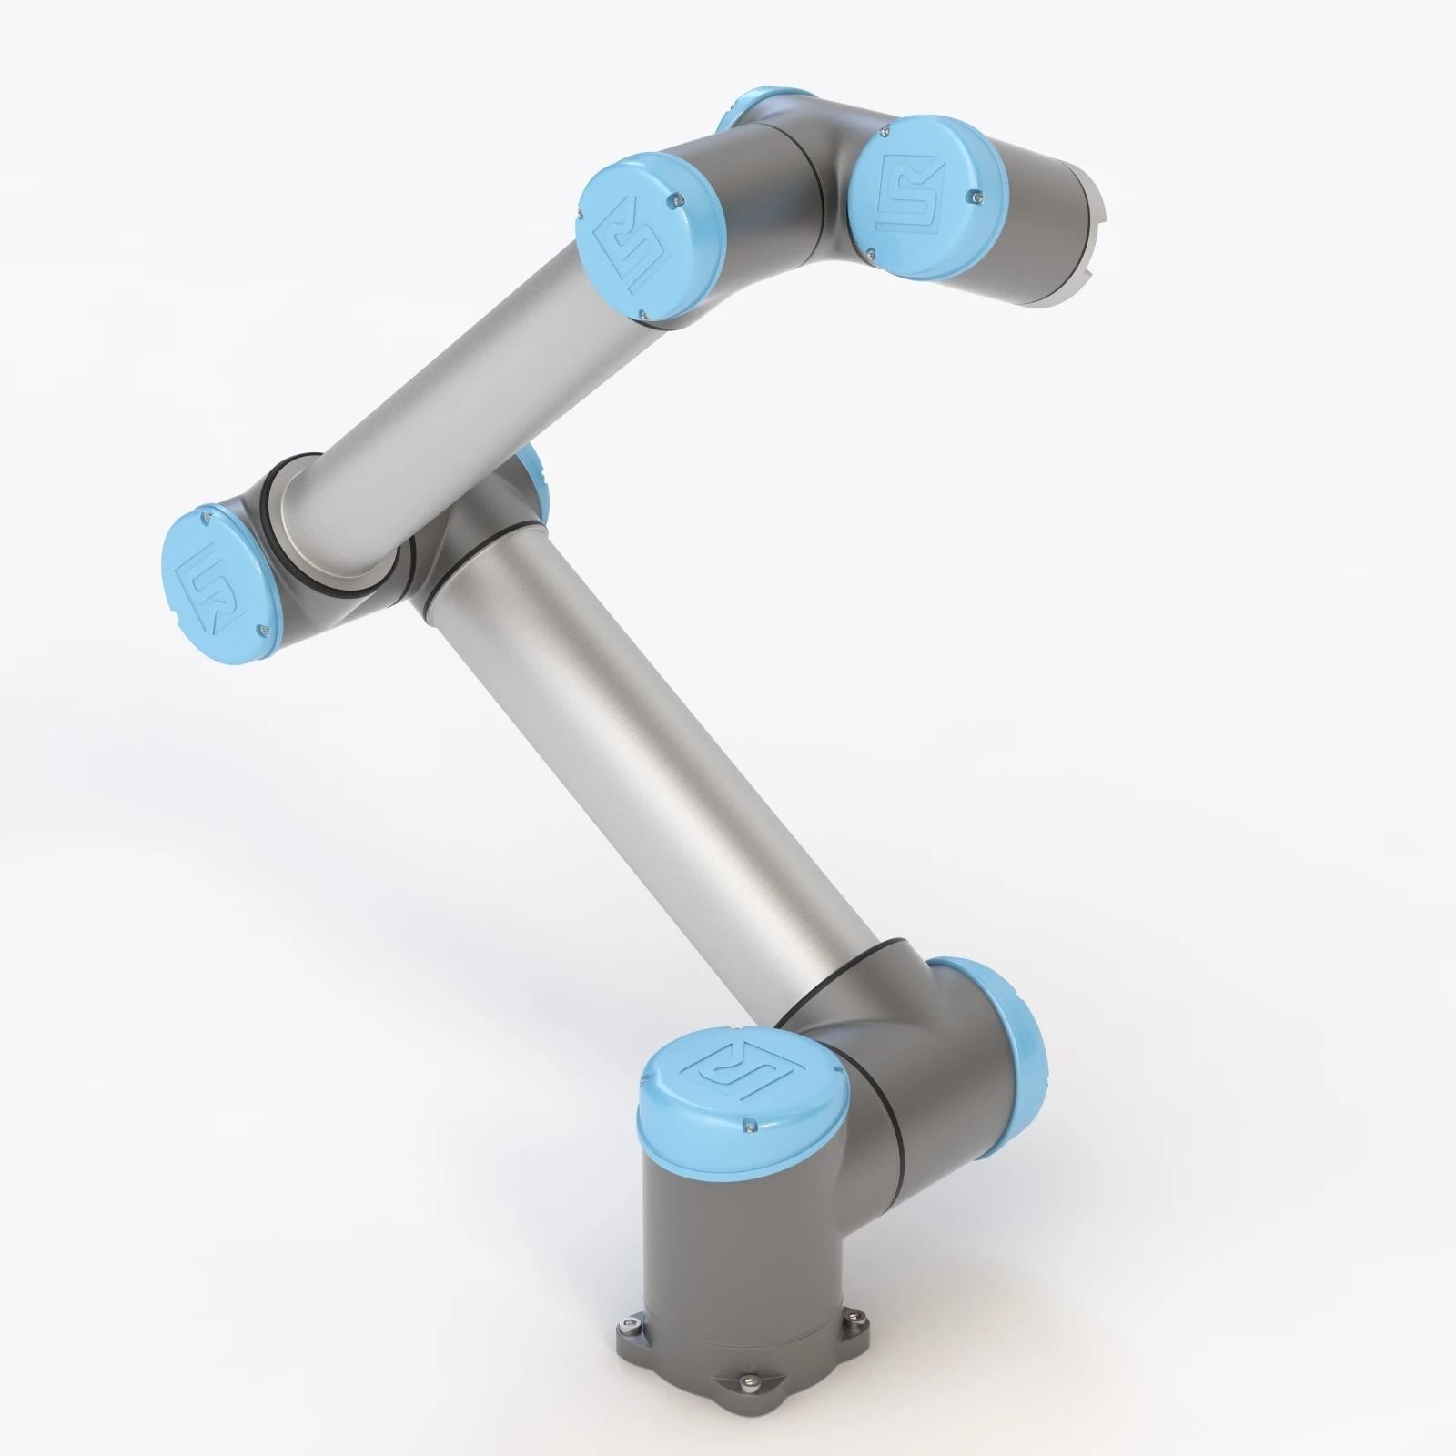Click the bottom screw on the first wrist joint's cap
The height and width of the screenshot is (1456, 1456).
pyautogui.click(x=643, y=315)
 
